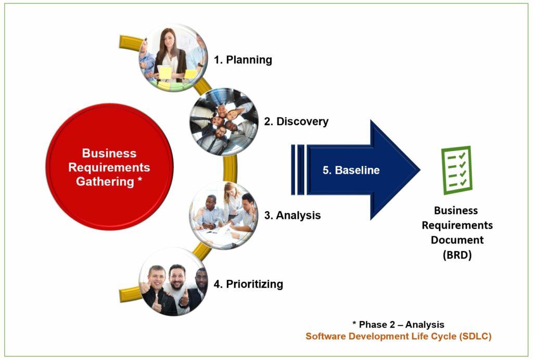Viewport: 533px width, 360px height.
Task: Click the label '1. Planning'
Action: pos(243,60)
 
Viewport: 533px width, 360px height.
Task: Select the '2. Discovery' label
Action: pos(296,121)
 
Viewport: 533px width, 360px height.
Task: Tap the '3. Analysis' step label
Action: pos(293,215)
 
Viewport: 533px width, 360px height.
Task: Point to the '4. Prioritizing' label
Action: pos(248,284)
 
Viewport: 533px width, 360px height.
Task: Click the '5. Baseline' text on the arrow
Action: pos(351,170)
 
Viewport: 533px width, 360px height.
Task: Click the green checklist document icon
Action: pos(456,170)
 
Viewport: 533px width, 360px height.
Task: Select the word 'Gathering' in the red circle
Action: pos(105,182)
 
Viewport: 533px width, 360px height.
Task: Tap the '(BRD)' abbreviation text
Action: pos(457,255)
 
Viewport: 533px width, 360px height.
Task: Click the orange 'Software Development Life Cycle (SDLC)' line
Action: pos(398,337)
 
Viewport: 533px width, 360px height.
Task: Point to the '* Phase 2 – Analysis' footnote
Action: pos(398,325)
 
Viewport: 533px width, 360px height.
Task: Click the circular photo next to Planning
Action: pos(173,58)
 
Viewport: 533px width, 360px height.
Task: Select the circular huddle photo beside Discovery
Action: pos(224,122)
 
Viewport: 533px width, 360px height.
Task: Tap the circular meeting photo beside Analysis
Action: pos(224,216)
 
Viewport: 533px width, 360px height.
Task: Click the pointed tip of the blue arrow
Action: pos(420,169)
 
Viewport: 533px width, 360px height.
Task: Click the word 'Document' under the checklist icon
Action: pos(457,240)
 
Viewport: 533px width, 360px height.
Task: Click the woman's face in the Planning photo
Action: pos(169,40)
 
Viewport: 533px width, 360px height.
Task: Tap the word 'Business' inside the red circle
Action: pos(109,153)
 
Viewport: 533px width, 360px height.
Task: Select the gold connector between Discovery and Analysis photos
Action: pos(230,169)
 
